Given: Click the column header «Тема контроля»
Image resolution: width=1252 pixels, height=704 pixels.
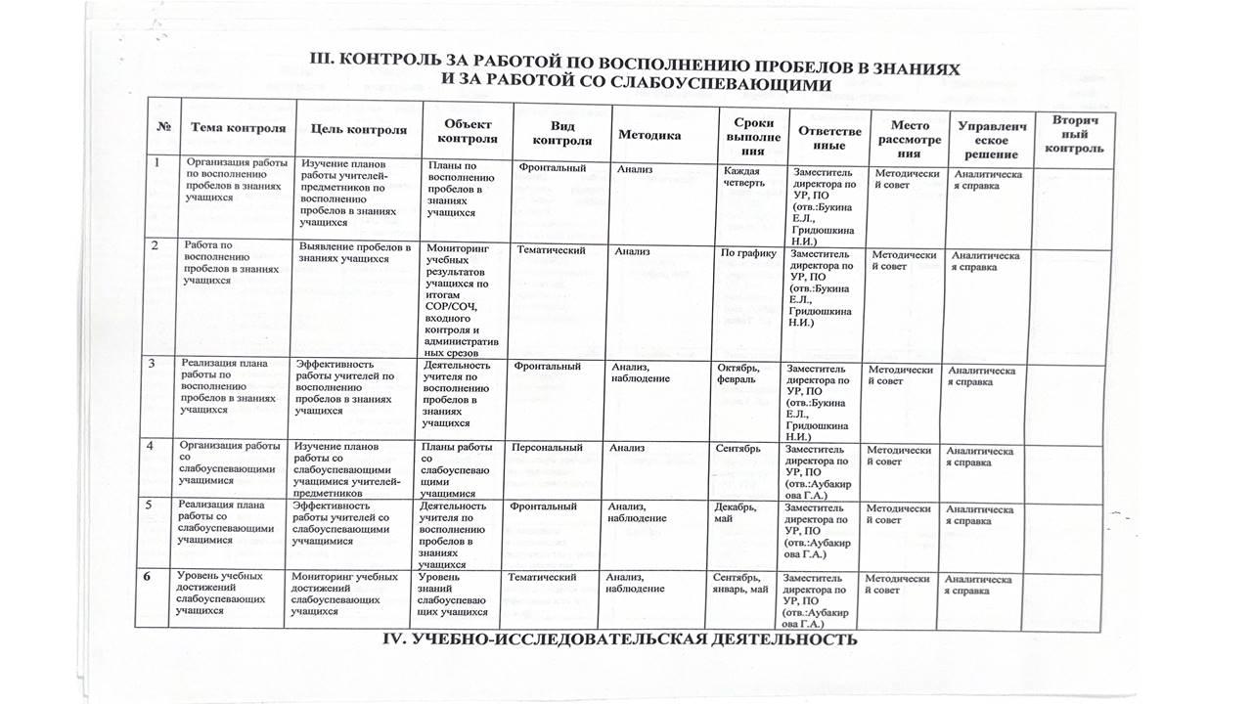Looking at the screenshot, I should click(238, 128).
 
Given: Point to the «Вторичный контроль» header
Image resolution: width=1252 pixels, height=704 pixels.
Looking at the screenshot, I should click(1074, 134).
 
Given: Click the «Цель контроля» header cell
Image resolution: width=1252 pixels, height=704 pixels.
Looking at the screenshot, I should click(358, 129).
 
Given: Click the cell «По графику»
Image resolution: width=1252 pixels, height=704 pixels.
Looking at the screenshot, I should click(748, 252).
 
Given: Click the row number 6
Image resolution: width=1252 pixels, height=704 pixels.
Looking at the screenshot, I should click(147, 577).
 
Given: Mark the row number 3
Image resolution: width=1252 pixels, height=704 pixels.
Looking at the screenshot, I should click(152, 365).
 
